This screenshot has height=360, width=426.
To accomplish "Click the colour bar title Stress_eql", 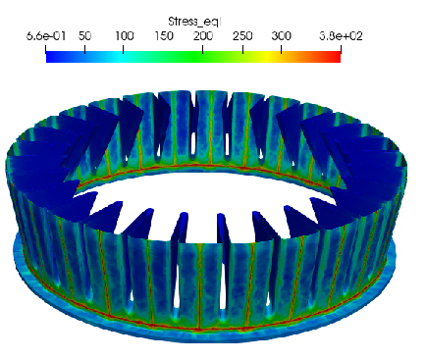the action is pyautogui.click(x=194, y=22).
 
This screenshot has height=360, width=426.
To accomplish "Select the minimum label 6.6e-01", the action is pyautogui.click(x=46, y=36).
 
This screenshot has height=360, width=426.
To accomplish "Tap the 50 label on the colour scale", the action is pyautogui.click(x=84, y=36).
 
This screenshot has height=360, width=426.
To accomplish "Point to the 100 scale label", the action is pyautogui.click(x=125, y=36).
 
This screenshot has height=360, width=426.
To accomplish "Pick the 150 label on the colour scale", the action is pyautogui.click(x=164, y=36).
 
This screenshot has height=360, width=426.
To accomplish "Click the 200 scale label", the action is pyautogui.click(x=203, y=36).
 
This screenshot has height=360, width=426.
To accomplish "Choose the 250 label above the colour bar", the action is pyautogui.click(x=242, y=36).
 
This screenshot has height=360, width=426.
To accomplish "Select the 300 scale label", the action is pyautogui.click(x=282, y=36).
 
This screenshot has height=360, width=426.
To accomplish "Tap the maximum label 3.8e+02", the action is pyautogui.click(x=341, y=36).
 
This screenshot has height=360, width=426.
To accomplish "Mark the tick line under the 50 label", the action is pyautogui.click(x=84, y=49).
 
